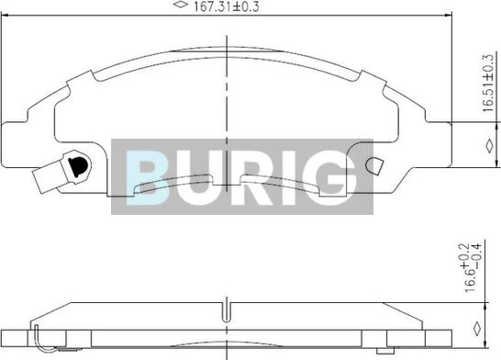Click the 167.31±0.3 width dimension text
pos(227,6)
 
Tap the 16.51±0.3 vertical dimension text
pos(488,84)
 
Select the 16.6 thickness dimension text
pos(471,281)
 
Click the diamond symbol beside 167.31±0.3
pos(180,5)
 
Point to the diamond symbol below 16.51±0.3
pos(489,145)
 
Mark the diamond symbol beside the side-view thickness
pos(477,329)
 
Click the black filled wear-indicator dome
pos(77,166)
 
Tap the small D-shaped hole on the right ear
pos(374,166)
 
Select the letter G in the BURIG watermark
pos(334,178)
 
